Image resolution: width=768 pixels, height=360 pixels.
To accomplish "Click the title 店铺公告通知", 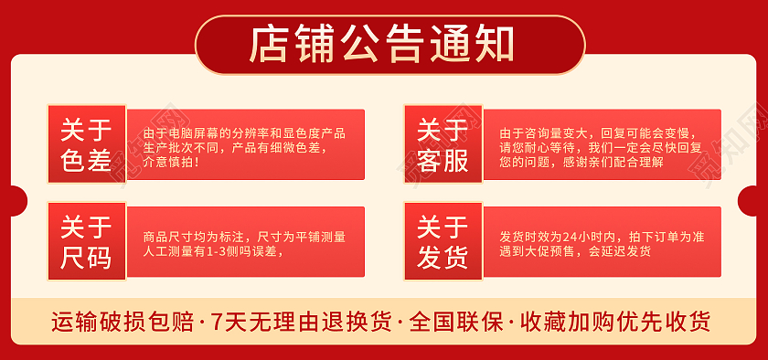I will coord(384,44).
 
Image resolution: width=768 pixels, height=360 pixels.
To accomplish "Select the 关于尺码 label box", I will coord(86,242).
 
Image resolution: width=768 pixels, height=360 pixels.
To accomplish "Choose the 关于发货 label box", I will coord(443,242).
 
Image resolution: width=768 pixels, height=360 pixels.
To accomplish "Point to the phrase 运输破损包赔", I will coord(122,322).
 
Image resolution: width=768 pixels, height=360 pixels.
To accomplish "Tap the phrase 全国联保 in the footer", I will coord(456,322).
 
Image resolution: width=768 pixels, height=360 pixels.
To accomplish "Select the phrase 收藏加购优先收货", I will coord(615,322).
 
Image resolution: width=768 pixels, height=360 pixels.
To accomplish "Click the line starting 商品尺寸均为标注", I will coord(244,237).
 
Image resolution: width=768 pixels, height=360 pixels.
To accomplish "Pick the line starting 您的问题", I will coord(582,162).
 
